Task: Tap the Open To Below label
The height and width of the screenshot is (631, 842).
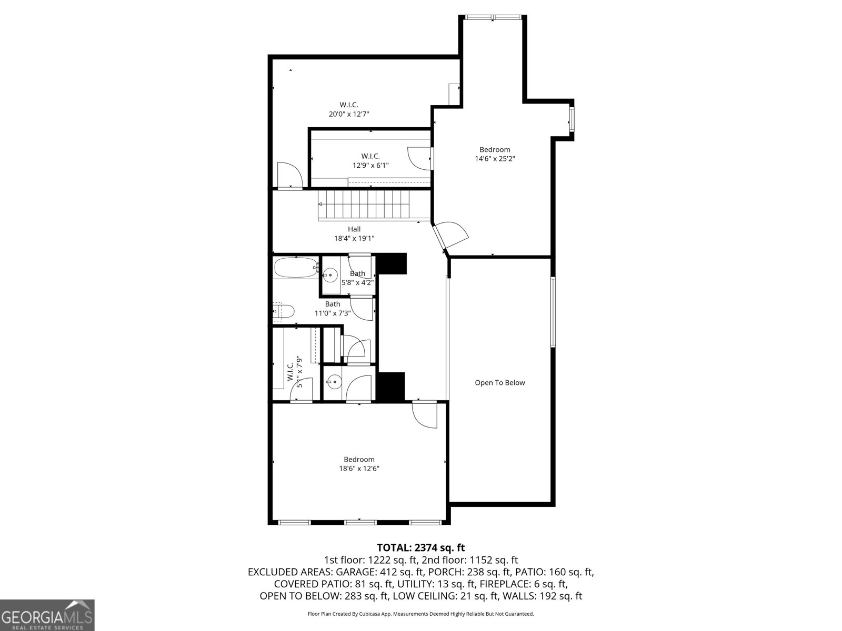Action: point(499,383)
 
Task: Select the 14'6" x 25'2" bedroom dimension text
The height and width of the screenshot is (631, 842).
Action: point(495,158)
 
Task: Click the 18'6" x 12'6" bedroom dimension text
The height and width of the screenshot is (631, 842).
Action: point(359,469)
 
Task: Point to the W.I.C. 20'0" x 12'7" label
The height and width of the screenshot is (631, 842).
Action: point(349,109)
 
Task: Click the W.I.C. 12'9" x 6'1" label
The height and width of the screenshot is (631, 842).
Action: point(370,160)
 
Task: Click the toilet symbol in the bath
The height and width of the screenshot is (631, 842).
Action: point(283,312)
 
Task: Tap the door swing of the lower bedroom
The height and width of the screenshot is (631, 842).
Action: point(425,415)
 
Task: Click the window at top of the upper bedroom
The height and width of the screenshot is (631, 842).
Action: point(493,18)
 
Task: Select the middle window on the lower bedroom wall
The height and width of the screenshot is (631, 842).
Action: point(359,522)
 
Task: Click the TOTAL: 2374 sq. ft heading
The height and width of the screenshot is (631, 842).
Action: point(420,548)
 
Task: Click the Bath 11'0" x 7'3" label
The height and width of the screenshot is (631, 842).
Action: point(332,309)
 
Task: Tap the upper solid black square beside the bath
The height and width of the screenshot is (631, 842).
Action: point(393,263)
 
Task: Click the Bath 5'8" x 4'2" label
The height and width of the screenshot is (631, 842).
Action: point(357,278)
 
